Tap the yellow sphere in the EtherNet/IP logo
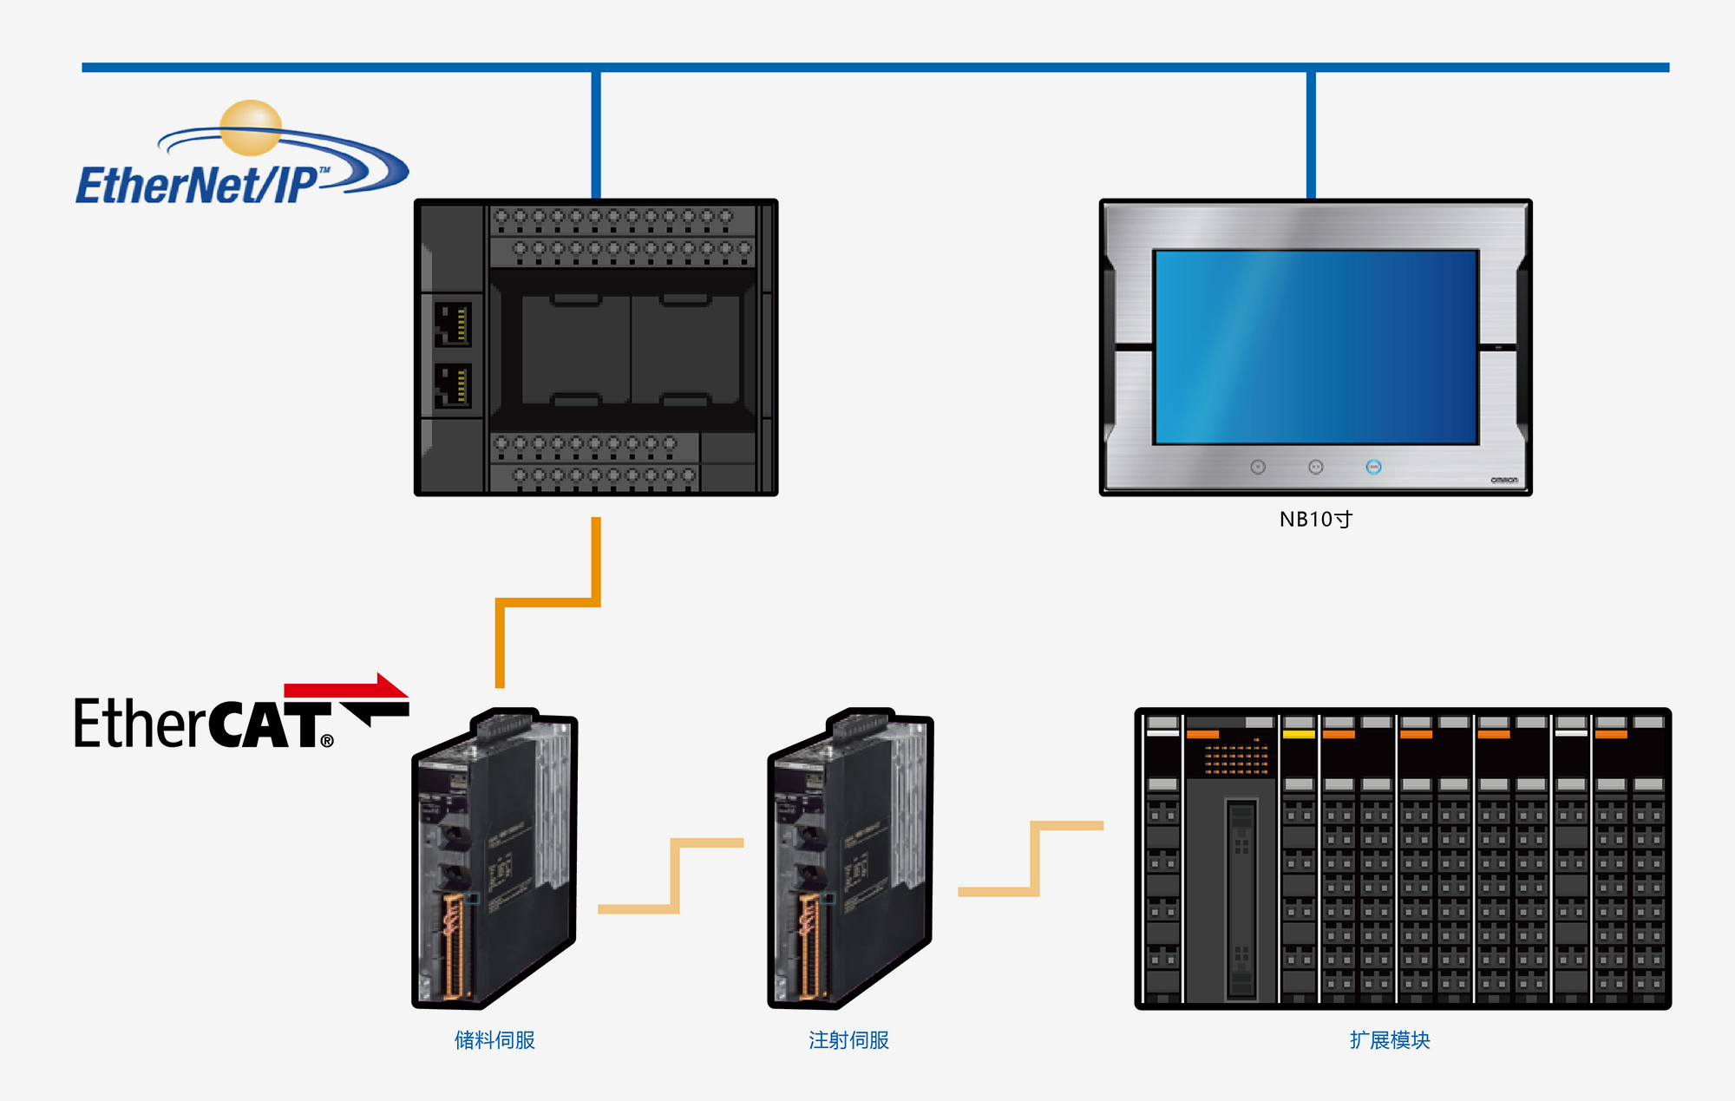coord(251,128)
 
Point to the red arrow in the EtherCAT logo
coord(347,688)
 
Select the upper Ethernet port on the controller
coord(452,324)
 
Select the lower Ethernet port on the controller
coord(452,385)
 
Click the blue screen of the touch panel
coord(1315,347)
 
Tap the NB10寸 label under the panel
coord(1315,520)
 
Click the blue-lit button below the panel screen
coord(1373,468)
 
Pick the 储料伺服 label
coord(494,1040)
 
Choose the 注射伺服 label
coord(848,1040)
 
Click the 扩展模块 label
coord(1390,1040)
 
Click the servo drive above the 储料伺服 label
coord(494,859)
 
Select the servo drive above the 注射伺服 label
coord(850,859)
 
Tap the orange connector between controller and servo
coord(547,601)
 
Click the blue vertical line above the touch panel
coord(1311,134)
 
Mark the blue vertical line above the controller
coord(596,134)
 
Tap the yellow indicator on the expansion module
coord(1299,735)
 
